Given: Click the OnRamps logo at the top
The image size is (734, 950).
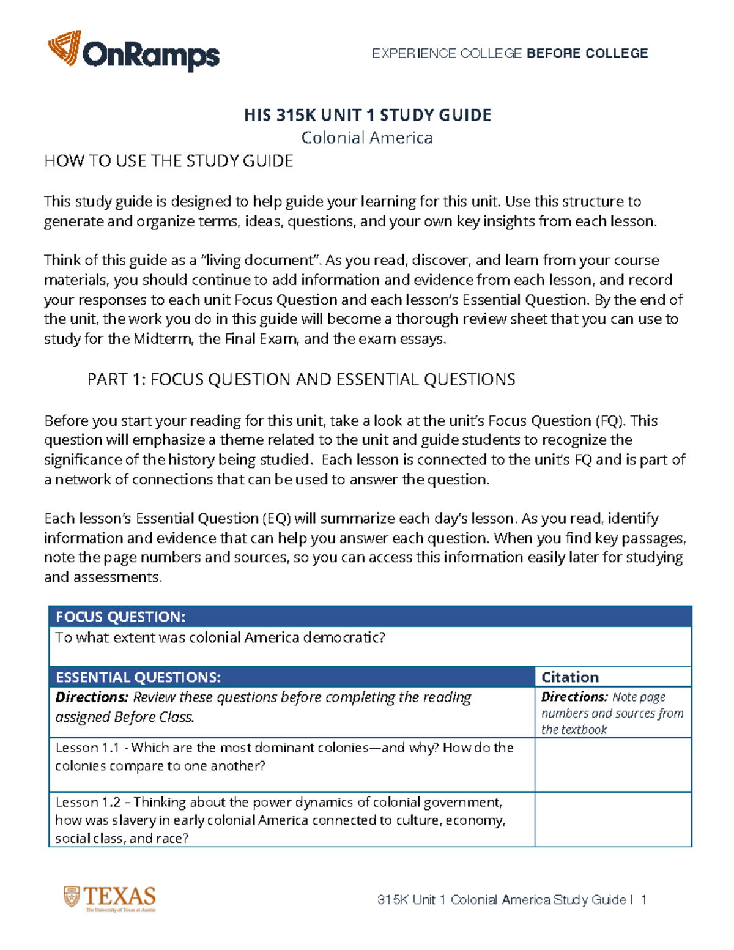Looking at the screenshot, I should click(133, 51).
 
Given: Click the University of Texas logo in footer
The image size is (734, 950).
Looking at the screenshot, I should click(110, 899).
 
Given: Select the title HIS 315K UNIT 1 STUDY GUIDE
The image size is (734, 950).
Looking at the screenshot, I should click(367, 116).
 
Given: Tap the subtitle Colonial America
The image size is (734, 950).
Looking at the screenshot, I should click(367, 138).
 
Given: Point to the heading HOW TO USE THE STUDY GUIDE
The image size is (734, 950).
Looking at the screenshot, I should click(168, 161).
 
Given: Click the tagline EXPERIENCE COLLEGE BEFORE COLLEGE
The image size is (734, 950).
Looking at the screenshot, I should click(510, 54).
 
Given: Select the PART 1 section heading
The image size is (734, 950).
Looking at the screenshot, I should click(301, 379).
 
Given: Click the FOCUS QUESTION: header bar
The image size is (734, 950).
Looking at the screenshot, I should click(370, 617).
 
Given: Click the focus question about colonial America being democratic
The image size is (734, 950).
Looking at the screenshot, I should click(220, 638).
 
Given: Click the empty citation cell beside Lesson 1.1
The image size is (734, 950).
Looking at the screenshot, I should click(613, 765).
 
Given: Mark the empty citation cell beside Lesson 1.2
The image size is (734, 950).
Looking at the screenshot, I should click(613, 820).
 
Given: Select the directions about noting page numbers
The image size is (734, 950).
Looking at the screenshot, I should click(612, 713).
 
